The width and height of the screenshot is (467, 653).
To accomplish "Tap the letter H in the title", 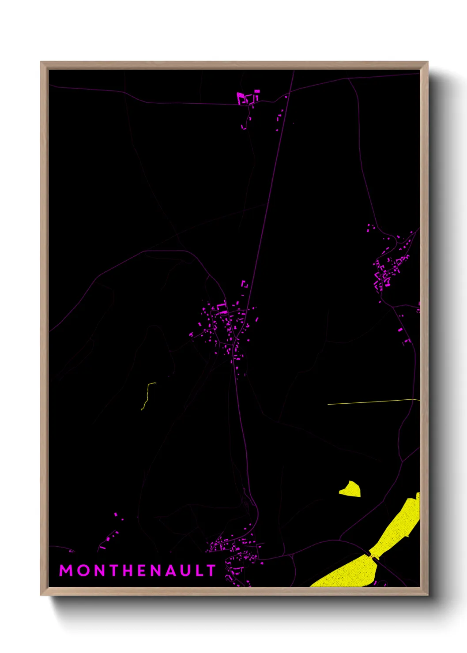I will [x=128, y=570].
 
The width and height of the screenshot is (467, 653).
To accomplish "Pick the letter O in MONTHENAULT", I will [x=83, y=570].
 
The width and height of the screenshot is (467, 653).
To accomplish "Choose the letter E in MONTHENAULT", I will [x=142, y=570].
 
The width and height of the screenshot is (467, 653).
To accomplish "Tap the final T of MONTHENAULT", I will [x=211, y=570].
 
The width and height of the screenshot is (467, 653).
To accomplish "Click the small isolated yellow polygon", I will [x=350, y=489].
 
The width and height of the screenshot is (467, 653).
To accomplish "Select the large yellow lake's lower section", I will [x=349, y=574].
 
